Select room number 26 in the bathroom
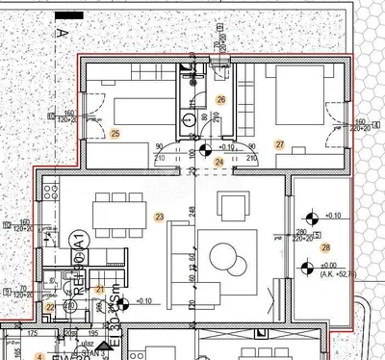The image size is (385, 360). [220, 99]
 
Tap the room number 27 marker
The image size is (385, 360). [279, 144]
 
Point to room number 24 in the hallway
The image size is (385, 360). [218, 163]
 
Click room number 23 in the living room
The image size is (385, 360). [160, 217]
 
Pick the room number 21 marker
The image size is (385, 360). [98, 289]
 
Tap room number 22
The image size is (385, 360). [51, 307]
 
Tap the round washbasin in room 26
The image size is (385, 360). [190, 120]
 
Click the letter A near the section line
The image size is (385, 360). [60, 34]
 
